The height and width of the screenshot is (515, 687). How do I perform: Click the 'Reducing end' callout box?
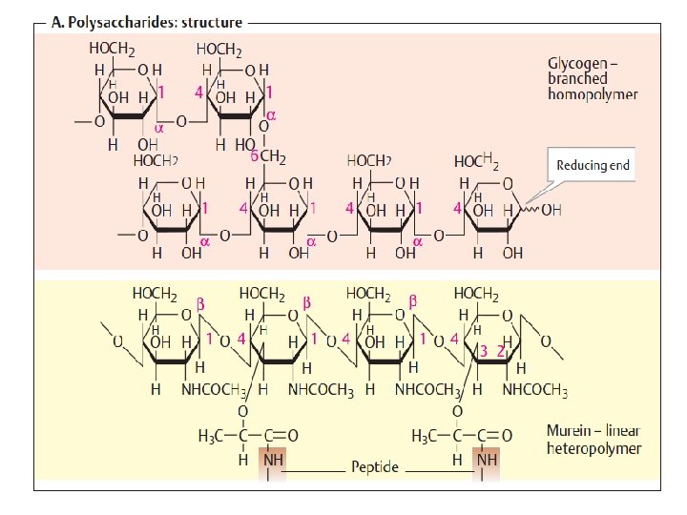click(593, 165)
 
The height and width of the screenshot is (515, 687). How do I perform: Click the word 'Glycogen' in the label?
click(574, 63)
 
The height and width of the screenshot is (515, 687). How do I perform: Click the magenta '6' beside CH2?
click(254, 155)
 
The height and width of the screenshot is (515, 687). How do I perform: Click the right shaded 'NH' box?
click(486, 460)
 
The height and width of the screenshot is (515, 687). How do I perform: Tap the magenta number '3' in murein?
click(485, 351)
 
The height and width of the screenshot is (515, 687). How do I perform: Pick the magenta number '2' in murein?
click(500, 351)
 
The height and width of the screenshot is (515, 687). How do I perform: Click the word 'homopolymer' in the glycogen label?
click(592, 94)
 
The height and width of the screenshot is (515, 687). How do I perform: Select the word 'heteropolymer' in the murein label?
click(594, 446)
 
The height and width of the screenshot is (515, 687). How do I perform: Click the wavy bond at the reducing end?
click(528, 210)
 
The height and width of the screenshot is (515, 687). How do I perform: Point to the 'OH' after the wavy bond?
click(552, 211)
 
